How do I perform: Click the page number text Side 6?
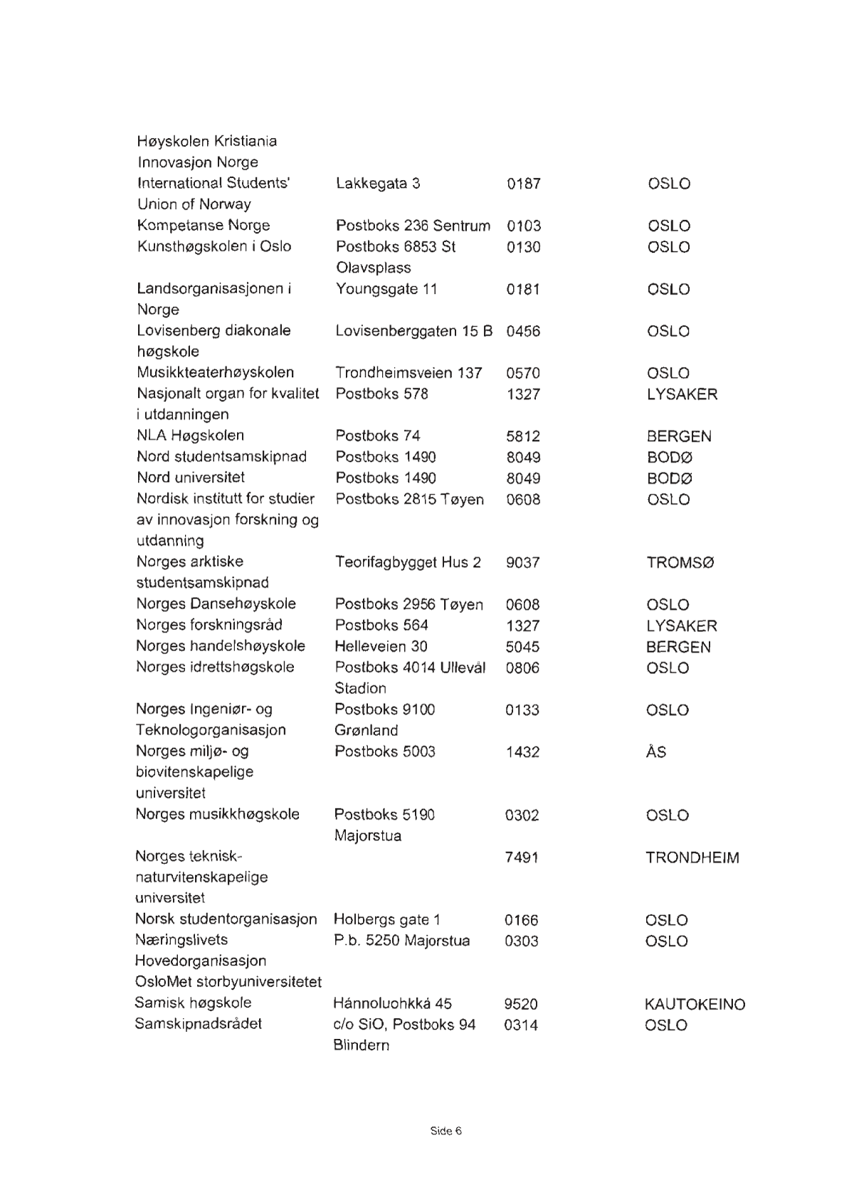click(x=446, y=1131)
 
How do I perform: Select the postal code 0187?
click(x=524, y=184)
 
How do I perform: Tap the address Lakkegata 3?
click(x=378, y=184)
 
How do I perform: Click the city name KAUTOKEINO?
click(x=695, y=1004)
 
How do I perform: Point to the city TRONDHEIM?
click(x=692, y=858)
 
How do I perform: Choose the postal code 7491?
click(x=522, y=858)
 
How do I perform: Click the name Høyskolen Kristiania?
click(x=207, y=141)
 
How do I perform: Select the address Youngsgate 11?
click(x=386, y=289)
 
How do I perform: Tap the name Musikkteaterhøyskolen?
click(x=216, y=372)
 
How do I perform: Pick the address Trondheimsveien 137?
click(x=408, y=372)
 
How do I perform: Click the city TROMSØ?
click(x=680, y=562)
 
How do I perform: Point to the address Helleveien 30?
click(x=381, y=646)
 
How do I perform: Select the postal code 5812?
click(x=523, y=436)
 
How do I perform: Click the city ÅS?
click(x=656, y=751)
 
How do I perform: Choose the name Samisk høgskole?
click(x=193, y=1003)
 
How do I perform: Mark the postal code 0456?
click(x=523, y=331)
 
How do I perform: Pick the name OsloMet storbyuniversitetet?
click(x=228, y=982)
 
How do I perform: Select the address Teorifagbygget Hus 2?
click(x=408, y=562)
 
